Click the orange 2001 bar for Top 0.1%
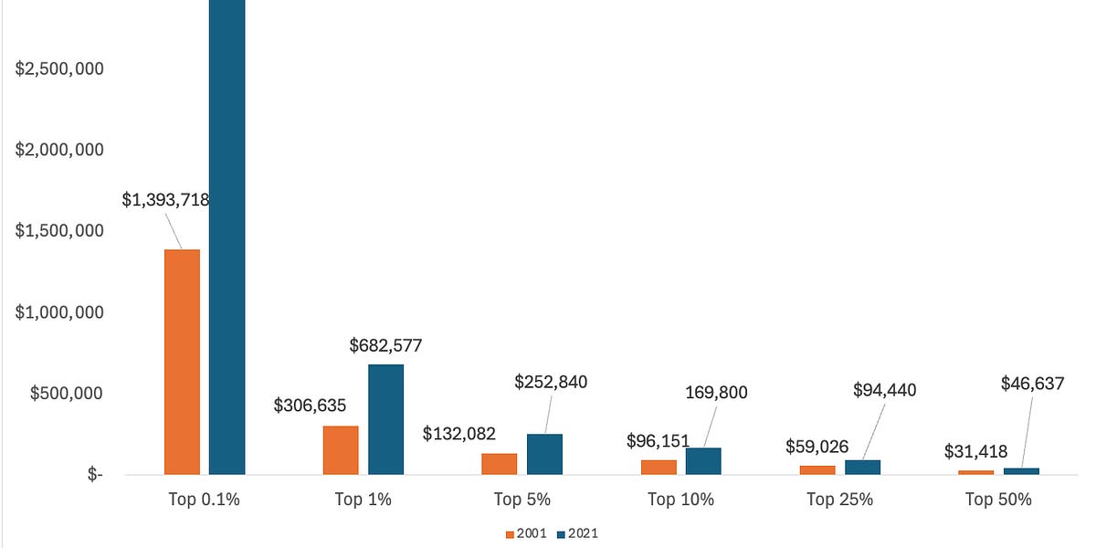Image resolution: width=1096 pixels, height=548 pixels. (x=182, y=362)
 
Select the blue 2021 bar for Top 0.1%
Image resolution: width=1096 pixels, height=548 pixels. (x=227, y=237)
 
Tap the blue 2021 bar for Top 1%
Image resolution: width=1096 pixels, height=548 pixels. (x=385, y=419)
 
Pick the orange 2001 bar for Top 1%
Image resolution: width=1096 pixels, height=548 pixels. (x=341, y=450)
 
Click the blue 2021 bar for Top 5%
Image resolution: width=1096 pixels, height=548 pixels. (x=544, y=454)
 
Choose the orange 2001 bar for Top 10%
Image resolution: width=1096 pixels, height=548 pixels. (x=659, y=467)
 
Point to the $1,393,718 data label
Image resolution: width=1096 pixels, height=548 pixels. (x=166, y=201)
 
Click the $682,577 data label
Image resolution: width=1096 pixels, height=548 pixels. (x=385, y=345)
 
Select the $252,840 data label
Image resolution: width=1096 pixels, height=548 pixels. (x=552, y=382)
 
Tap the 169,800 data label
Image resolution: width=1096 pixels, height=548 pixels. (x=715, y=393)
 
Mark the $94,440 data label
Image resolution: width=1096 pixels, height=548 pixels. (x=884, y=390)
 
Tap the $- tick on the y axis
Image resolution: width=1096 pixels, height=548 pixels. (x=90, y=475)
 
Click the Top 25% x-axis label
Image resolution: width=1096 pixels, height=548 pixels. (x=839, y=500)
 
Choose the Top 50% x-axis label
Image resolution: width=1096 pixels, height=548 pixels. (x=998, y=500)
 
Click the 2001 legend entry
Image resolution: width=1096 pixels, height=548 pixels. (x=525, y=532)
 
